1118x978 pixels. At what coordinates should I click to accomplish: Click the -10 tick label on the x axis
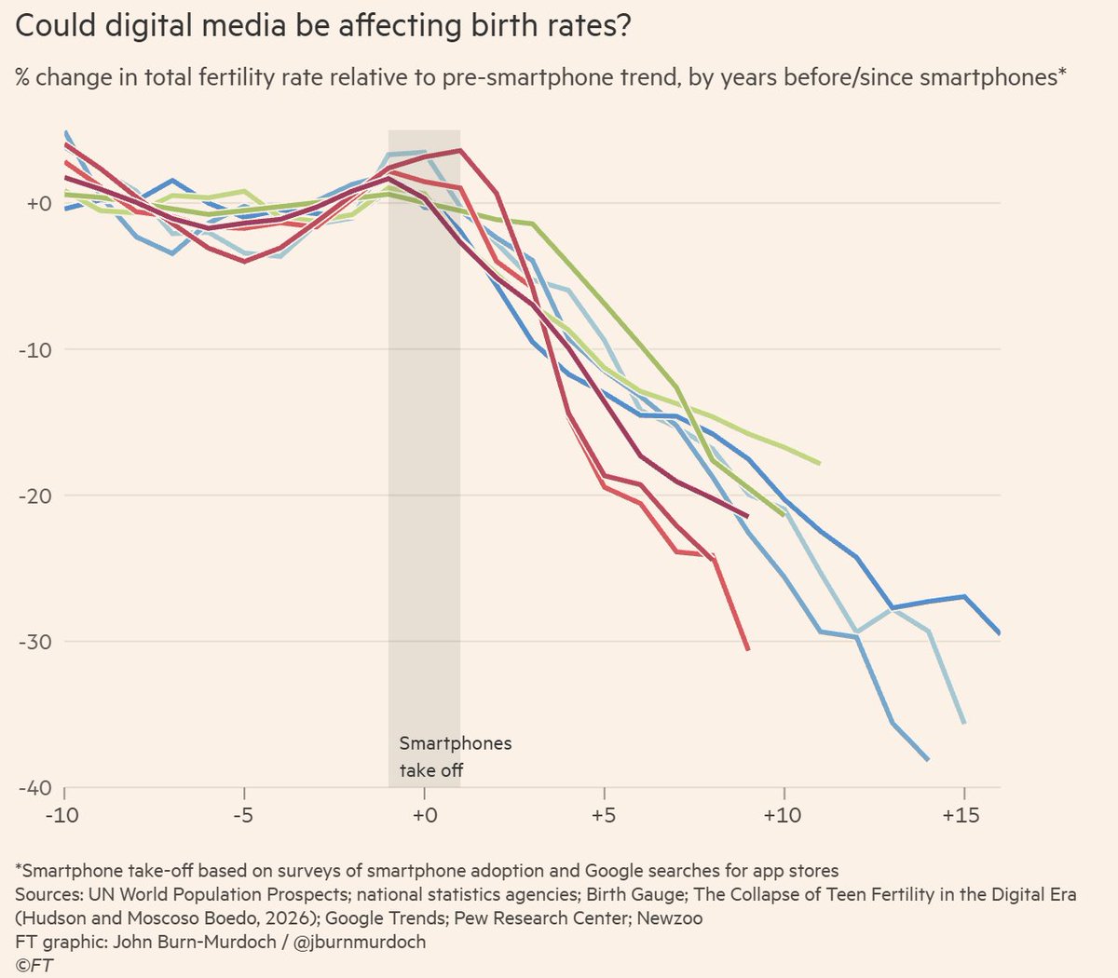(x=62, y=816)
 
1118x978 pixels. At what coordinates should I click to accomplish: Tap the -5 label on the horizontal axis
(x=243, y=816)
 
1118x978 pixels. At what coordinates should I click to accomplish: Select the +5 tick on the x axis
(x=604, y=816)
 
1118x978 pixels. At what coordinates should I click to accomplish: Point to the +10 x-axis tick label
(x=783, y=816)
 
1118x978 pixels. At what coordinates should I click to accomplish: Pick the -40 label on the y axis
(x=35, y=788)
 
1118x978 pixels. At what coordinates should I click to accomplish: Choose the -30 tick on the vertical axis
(x=35, y=642)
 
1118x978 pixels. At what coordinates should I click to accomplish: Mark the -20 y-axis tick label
(x=35, y=496)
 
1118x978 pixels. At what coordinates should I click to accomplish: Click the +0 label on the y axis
(x=39, y=203)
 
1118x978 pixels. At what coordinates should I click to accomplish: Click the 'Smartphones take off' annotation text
(x=456, y=756)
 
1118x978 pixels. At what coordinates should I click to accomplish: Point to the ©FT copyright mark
(x=34, y=966)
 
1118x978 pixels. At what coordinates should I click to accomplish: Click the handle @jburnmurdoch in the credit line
(x=360, y=942)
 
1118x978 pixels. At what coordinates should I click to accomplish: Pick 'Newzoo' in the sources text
(x=670, y=917)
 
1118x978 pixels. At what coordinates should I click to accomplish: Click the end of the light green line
(x=820, y=463)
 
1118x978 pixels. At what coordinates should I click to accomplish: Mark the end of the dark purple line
(x=747, y=516)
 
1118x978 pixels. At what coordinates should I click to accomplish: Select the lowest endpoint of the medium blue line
(x=928, y=759)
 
